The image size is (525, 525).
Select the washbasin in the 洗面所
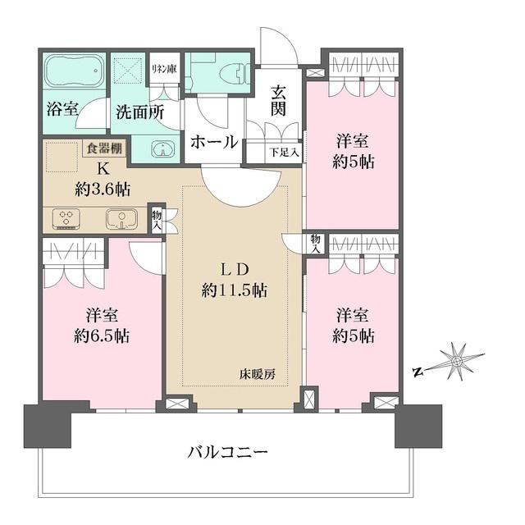pos(163,148)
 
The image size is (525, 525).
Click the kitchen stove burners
pos(66,219)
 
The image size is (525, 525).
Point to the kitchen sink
pos(120,219)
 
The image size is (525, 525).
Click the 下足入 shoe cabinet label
pos(285,152)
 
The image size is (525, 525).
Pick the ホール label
pos(214,141)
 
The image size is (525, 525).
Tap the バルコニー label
pos(228,451)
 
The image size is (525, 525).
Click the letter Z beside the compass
pos(418,372)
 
